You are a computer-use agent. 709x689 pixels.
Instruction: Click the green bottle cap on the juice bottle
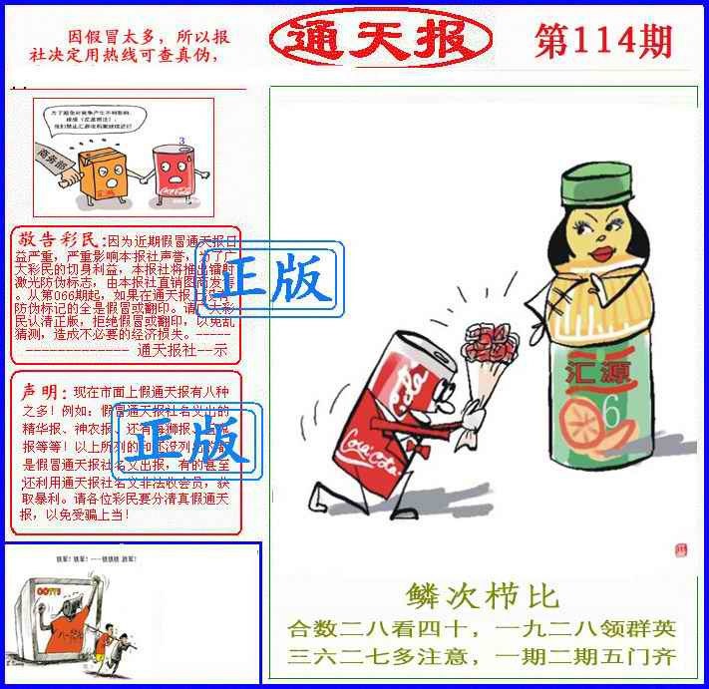597,184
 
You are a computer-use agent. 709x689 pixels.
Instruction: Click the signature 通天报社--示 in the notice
181,350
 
